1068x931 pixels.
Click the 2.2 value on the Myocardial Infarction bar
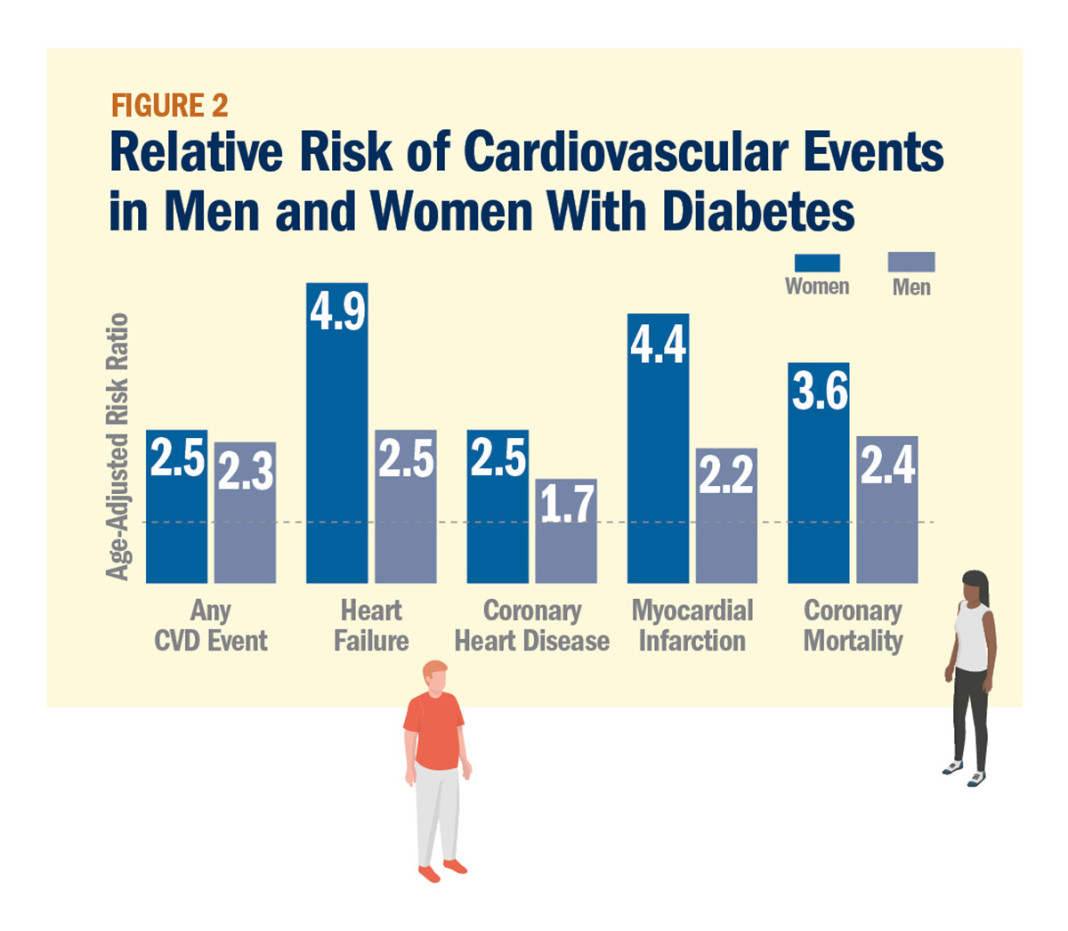coord(726,475)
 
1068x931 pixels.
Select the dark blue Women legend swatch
coord(816,263)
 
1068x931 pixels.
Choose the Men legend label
coord(911,287)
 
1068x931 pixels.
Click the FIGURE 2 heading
coord(170,106)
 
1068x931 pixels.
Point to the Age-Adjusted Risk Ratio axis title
coord(117,447)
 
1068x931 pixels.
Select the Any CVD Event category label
coord(211,626)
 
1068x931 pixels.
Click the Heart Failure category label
coord(371,626)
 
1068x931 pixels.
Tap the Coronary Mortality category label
coord(853,626)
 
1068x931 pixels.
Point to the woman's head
coord(975,587)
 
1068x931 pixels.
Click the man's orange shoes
coord(442,870)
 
